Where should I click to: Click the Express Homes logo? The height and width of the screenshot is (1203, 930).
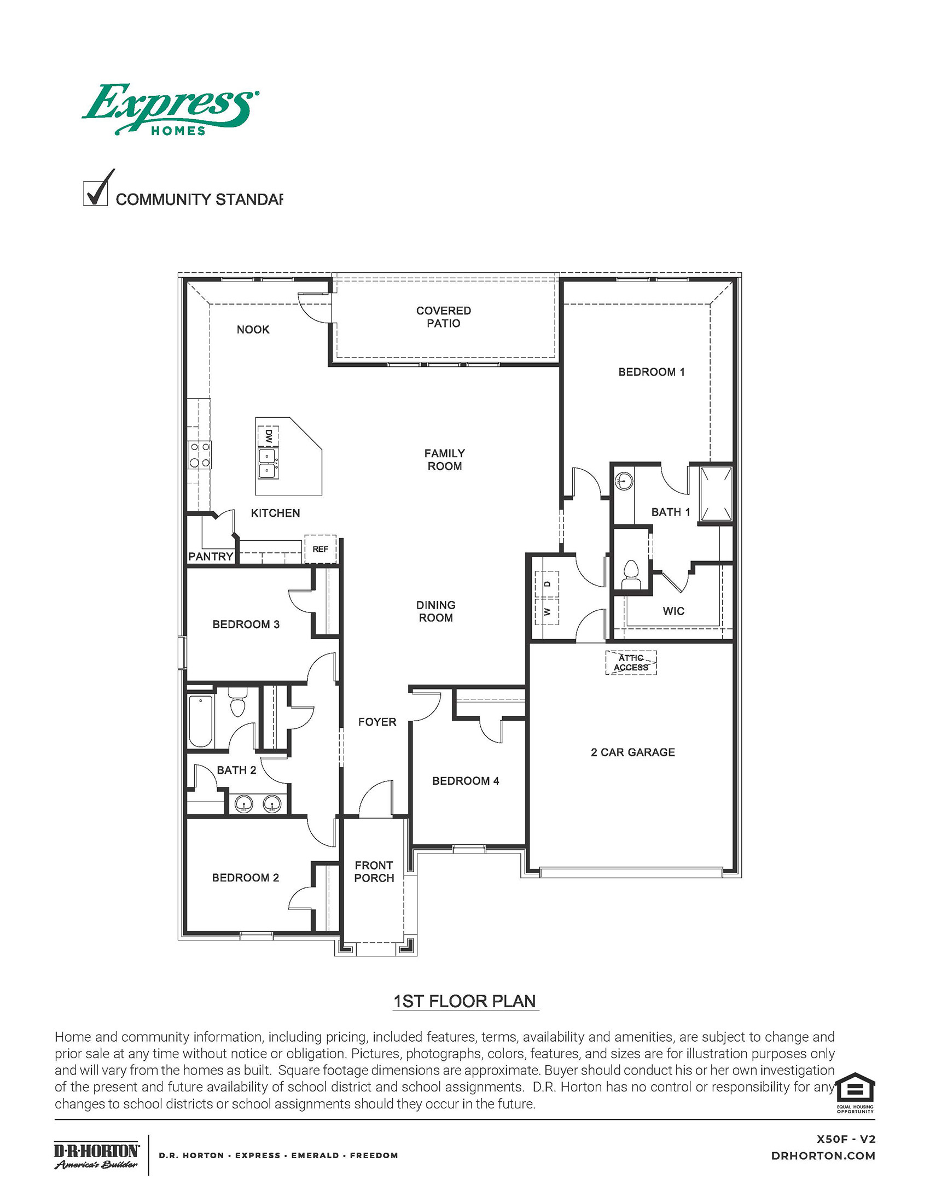pos(170,109)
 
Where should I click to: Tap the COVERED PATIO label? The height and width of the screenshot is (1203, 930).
pos(444,317)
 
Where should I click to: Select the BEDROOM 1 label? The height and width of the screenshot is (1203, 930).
pos(651,372)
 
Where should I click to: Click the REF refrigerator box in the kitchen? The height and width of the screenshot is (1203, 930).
pos(320,549)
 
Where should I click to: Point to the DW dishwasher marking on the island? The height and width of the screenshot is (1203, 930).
pos(268,437)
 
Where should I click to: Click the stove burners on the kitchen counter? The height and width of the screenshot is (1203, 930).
pos(200,455)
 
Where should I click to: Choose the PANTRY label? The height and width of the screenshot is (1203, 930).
pos(211,556)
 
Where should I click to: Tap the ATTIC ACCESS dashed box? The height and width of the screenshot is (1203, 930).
pos(631,663)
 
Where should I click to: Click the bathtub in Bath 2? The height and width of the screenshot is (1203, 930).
pos(200,721)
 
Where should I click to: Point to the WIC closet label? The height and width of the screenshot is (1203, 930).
pos(673,611)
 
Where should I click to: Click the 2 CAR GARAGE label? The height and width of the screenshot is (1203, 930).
pos(632,752)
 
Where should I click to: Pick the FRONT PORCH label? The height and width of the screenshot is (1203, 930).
pos(374,872)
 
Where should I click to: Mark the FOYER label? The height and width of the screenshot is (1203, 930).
pos(377,722)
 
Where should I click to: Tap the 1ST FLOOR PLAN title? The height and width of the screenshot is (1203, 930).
pos(464,1001)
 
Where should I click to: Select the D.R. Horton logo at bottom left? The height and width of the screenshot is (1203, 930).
pos(96,1155)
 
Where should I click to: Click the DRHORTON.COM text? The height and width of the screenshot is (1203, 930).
pos(823,1156)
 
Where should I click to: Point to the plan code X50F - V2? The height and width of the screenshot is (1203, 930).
pos(846,1139)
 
